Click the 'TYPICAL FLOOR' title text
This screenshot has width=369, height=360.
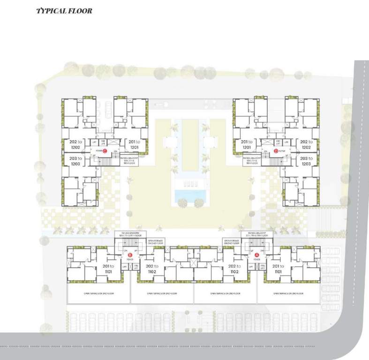click(64, 10)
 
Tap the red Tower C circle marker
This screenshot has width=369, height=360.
click(105, 151)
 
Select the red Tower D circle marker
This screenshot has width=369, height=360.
click(276, 151)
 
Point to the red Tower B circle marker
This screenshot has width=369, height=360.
click(130, 255)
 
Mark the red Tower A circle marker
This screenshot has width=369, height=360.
click(256, 255)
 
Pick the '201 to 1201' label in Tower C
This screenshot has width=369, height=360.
click(135, 144)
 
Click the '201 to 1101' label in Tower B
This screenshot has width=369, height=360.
click(110, 269)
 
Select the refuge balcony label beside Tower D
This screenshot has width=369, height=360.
click(255, 159)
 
